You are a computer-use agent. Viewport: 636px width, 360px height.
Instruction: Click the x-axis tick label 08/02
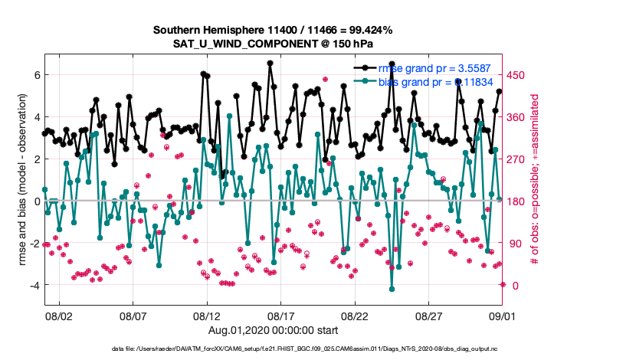tap(59, 316)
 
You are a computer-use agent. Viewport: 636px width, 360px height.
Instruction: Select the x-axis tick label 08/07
tap(133, 316)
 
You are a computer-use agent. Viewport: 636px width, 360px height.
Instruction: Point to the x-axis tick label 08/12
tap(207, 316)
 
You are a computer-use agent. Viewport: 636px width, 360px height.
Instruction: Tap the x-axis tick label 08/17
tap(281, 316)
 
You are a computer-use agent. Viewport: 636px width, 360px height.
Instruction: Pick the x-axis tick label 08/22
tap(356, 316)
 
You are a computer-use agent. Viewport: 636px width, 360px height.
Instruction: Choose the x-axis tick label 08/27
tap(429, 316)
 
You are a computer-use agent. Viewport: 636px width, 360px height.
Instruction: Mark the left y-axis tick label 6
tap(35, 75)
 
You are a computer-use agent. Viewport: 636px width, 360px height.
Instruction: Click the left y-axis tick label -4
tap(33, 285)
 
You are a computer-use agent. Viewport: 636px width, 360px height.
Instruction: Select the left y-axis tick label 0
tap(35, 201)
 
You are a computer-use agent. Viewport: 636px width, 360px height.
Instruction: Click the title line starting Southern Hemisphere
tap(274, 31)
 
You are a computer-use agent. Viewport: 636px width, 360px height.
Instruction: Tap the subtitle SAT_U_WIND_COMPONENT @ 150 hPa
tap(274, 44)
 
